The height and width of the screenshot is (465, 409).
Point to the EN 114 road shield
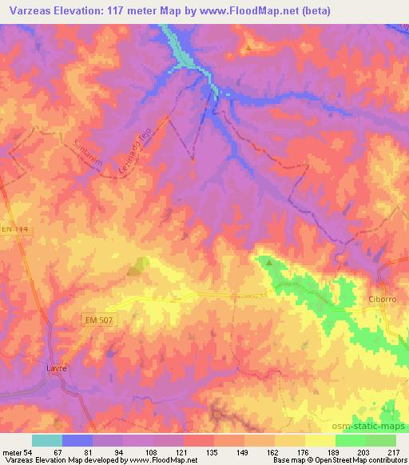point(10,229)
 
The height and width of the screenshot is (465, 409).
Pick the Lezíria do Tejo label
point(156,145)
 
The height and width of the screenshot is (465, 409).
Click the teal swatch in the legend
point(47,440)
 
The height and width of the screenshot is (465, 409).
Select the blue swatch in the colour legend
point(77,440)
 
